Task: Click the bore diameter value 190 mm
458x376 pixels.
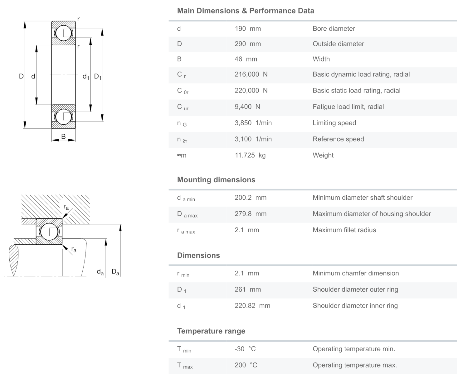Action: coord(248,29)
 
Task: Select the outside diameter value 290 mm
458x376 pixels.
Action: coord(248,44)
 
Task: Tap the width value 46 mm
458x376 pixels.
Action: coord(246,59)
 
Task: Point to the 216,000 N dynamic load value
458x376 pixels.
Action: coord(251,74)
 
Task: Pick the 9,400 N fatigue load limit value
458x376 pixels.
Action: coord(247,107)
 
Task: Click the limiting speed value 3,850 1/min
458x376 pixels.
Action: coord(253,123)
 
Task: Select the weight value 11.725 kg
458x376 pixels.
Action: coord(250,155)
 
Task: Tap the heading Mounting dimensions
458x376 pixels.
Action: coord(216,180)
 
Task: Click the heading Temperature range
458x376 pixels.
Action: coord(211,331)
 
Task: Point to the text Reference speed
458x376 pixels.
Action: coord(338,139)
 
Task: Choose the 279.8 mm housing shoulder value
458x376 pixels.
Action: coord(251,214)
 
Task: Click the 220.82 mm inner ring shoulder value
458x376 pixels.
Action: coord(252,306)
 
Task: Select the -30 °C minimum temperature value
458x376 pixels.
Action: coord(245,349)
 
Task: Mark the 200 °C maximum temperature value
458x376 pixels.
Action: coord(246,365)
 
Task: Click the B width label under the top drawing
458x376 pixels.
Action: coord(63,137)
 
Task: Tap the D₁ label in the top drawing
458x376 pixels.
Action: coord(98,77)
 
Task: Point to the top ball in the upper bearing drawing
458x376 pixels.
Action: coord(64,33)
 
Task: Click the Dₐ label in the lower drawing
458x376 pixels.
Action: coord(115,272)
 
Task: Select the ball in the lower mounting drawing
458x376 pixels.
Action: coord(49,232)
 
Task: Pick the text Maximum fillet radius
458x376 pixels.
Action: coord(344,230)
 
